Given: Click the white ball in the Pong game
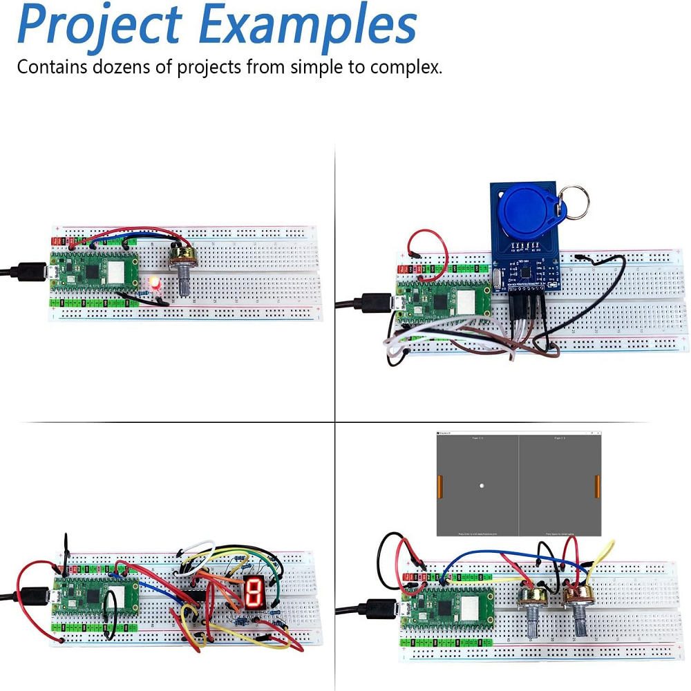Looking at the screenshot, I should (x=482, y=486).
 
